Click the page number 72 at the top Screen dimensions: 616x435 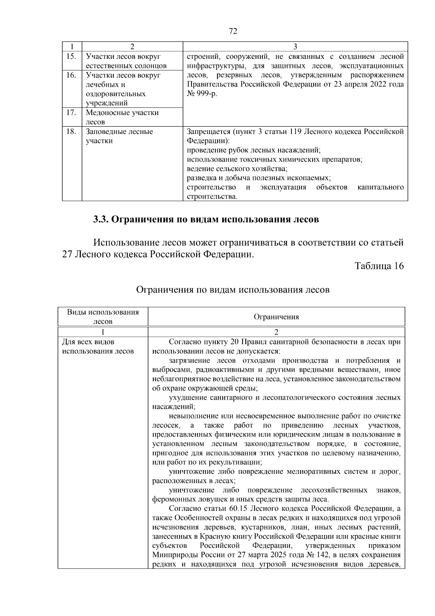coord(233,32)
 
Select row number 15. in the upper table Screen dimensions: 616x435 coord(72,56)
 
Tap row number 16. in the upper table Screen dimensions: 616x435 coord(72,75)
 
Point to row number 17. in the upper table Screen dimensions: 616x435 coord(72,113)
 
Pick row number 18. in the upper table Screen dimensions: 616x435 coord(72,131)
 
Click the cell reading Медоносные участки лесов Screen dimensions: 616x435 coord(122,117)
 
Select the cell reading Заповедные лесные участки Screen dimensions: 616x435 coord(119,136)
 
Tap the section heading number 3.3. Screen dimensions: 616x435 coord(100,220)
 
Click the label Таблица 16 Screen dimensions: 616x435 coord(379,266)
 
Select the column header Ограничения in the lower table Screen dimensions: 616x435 coord(276,317)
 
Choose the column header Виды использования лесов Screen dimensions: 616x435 coord(103,317)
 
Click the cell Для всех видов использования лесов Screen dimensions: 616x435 coord(98,347)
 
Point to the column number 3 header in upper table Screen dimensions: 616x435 coord(295,46)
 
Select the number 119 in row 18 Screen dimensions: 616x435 coord(294,131)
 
